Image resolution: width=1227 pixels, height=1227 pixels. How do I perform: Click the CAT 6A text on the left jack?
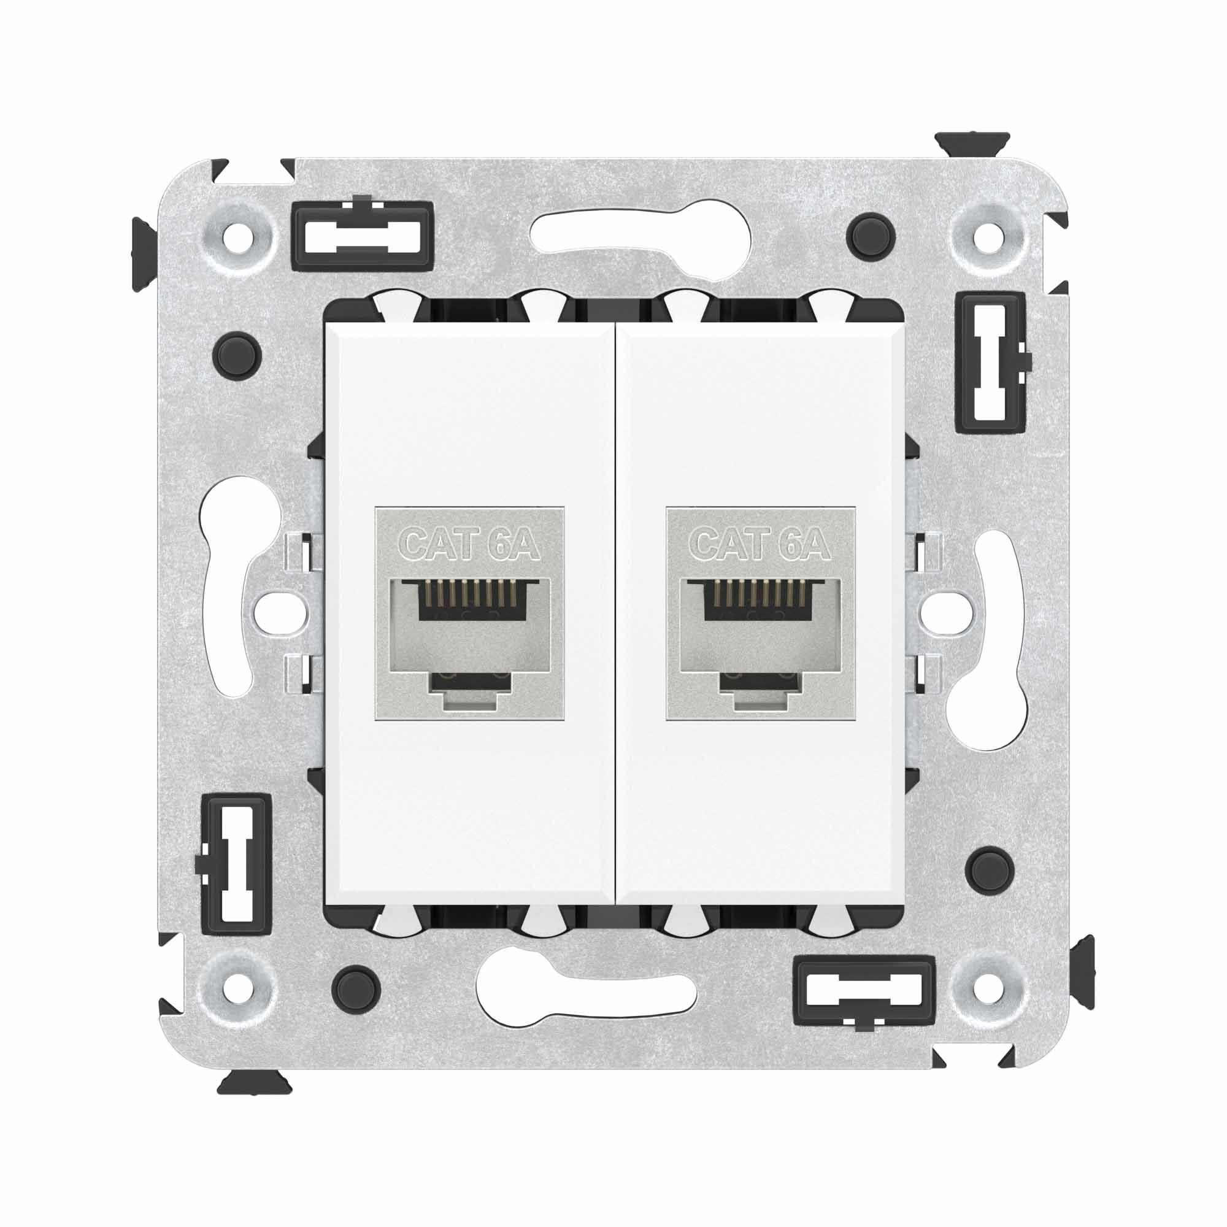[x=469, y=545]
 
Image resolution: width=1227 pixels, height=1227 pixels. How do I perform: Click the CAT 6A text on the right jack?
[x=760, y=545]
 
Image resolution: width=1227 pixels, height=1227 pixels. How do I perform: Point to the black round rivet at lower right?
[x=989, y=871]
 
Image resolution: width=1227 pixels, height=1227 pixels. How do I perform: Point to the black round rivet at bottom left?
[x=356, y=989]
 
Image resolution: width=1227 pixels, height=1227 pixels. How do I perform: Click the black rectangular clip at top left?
[x=363, y=234]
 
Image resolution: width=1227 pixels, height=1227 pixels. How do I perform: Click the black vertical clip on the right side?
[x=990, y=363]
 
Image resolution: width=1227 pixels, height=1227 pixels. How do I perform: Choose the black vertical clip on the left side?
[x=236, y=864]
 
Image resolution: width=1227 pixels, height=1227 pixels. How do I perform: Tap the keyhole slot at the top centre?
[x=642, y=239]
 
